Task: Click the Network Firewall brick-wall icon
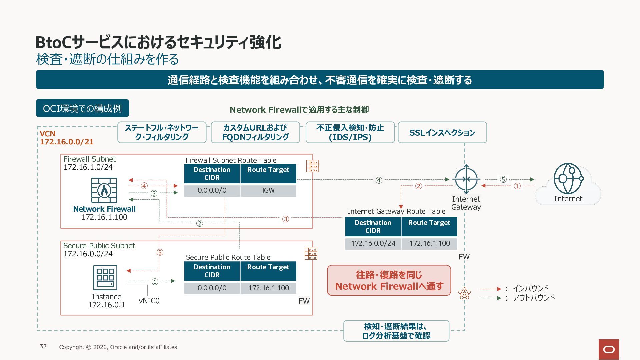104,190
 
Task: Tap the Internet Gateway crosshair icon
466,179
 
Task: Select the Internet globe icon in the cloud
568,178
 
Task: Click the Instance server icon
105,278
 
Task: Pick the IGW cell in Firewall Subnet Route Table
268,190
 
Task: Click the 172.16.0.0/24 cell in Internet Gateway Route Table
373,243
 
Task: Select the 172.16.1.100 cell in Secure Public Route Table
268,288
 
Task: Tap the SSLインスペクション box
442,132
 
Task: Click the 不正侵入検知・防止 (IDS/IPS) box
350,132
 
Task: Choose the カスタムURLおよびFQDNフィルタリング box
255,132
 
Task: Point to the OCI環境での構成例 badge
82,108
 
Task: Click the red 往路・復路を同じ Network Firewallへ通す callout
389,280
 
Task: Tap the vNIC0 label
149,301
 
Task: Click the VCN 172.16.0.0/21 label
67,138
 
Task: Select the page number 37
43,346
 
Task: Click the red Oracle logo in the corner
609,349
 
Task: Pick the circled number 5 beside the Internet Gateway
503,179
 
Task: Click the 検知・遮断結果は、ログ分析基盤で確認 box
396,331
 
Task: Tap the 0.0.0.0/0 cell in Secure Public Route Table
212,288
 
